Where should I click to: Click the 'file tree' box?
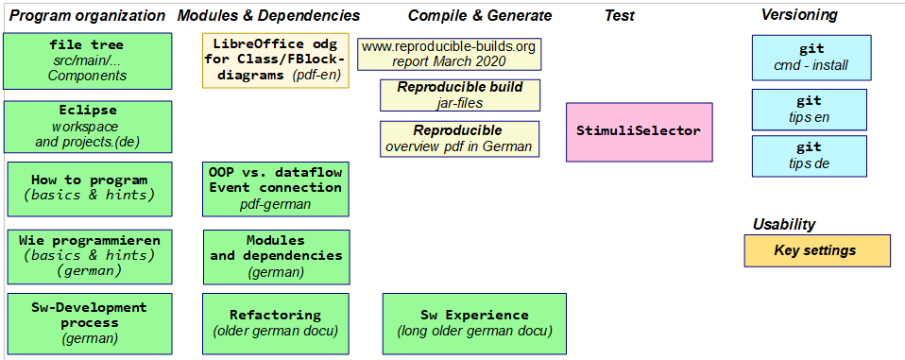click(x=87, y=61)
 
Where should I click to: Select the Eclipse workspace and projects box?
click(x=87, y=127)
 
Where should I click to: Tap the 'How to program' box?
click(x=90, y=189)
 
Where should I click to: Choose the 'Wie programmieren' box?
click(x=90, y=257)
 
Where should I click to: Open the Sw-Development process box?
click(x=90, y=324)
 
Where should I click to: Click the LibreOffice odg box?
click(x=276, y=60)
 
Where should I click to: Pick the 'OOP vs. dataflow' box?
click(x=276, y=189)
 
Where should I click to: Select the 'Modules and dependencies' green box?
click(x=277, y=257)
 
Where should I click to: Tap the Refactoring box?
click(x=276, y=324)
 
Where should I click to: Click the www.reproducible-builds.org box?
click(x=450, y=54)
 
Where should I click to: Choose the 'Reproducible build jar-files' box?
click(x=460, y=95)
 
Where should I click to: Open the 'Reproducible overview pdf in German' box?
click(x=460, y=139)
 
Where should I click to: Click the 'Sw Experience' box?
click(x=474, y=324)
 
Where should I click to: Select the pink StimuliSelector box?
click(x=639, y=132)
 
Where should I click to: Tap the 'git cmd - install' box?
click(x=811, y=58)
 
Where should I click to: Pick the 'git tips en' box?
click(x=810, y=110)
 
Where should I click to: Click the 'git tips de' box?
click(x=810, y=156)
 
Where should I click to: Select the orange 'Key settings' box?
click(x=817, y=251)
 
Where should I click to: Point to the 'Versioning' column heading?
click(x=799, y=15)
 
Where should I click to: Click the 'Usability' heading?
click(x=784, y=224)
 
